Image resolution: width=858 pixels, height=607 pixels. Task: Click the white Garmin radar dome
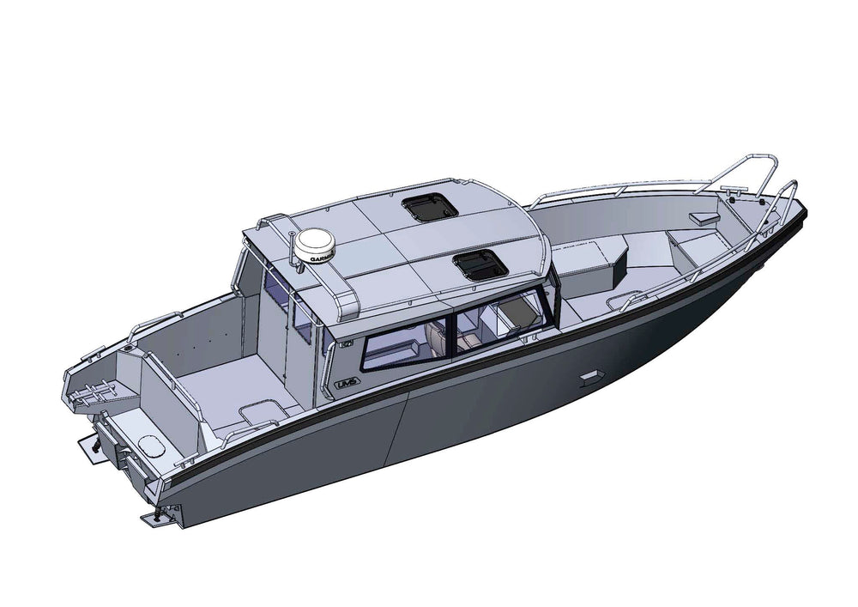[314, 246]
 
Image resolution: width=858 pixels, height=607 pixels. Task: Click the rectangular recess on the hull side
[590, 378]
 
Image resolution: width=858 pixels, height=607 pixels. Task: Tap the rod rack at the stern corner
[88, 395]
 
